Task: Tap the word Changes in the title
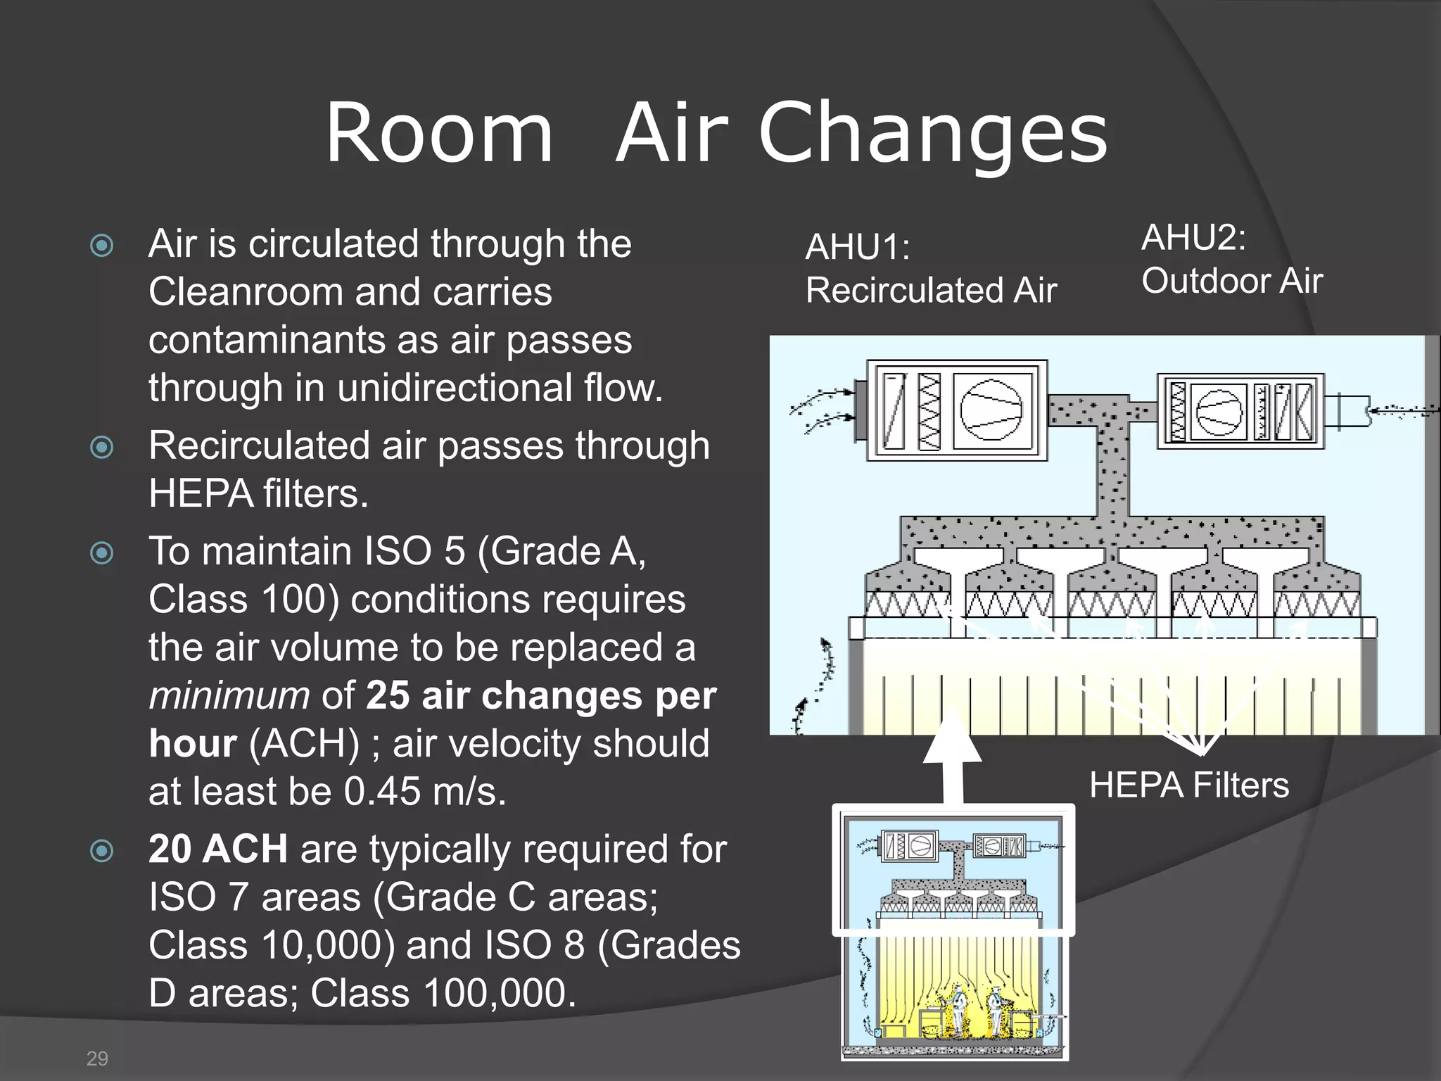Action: pos(933,134)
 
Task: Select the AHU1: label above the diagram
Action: pos(857,248)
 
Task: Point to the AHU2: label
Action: pos(1193,237)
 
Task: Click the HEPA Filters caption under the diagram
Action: pos(1189,785)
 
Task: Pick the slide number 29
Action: pos(97,1058)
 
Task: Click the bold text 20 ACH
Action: pos(218,849)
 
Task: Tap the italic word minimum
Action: pos(229,695)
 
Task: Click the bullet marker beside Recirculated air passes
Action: pos(102,447)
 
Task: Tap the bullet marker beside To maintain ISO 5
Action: pos(102,552)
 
